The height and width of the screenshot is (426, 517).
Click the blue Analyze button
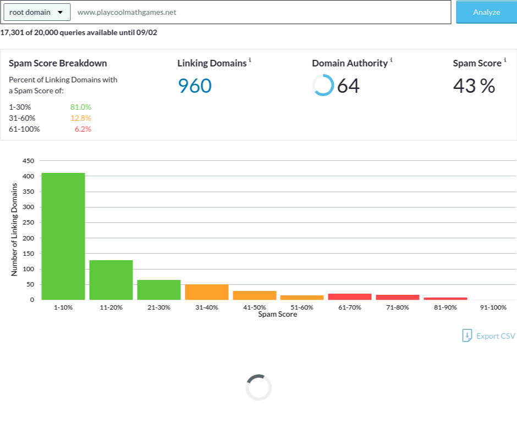486,12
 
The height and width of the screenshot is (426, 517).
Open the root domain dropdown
37,12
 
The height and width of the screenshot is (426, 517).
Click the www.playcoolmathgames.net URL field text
127,13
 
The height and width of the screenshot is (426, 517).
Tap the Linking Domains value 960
195,86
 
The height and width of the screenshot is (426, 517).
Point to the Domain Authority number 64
348,86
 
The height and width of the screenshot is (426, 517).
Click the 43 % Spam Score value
474,86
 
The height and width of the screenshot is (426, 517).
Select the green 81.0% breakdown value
80,107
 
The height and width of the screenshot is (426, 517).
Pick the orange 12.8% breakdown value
80,118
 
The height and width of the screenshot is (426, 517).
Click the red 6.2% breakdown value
82,129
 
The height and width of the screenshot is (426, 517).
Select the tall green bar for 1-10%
63,237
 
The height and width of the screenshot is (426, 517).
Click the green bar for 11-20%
111,280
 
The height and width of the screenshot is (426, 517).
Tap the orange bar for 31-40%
207,292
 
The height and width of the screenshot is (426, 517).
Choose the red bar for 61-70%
350,296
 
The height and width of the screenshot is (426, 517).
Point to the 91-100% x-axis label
493,307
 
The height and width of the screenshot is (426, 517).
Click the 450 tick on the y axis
29,161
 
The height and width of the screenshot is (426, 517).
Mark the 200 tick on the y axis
29,238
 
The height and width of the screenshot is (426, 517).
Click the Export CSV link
488,336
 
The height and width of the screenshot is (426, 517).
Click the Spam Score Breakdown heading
58,63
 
